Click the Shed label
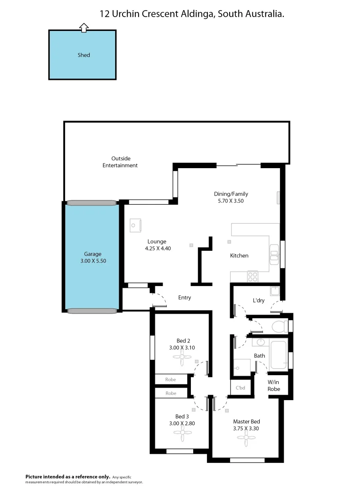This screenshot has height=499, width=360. click(84, 55)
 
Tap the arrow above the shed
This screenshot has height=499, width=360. click(84, 28)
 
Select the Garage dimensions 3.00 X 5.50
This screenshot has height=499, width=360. click(92, 261)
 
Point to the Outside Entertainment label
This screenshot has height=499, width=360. click(120, 162)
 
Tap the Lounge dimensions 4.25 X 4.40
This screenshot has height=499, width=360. click(157, 248)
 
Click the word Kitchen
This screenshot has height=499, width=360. click(239, 256)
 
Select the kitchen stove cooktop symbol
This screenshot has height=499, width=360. click(252, 276)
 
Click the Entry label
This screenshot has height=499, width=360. click(184, 298)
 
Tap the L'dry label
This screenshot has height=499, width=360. click(258, 301)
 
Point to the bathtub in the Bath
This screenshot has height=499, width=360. click(278, 354)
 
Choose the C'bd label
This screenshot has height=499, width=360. click(240, 388)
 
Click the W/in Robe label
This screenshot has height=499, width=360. click(274, 386)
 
